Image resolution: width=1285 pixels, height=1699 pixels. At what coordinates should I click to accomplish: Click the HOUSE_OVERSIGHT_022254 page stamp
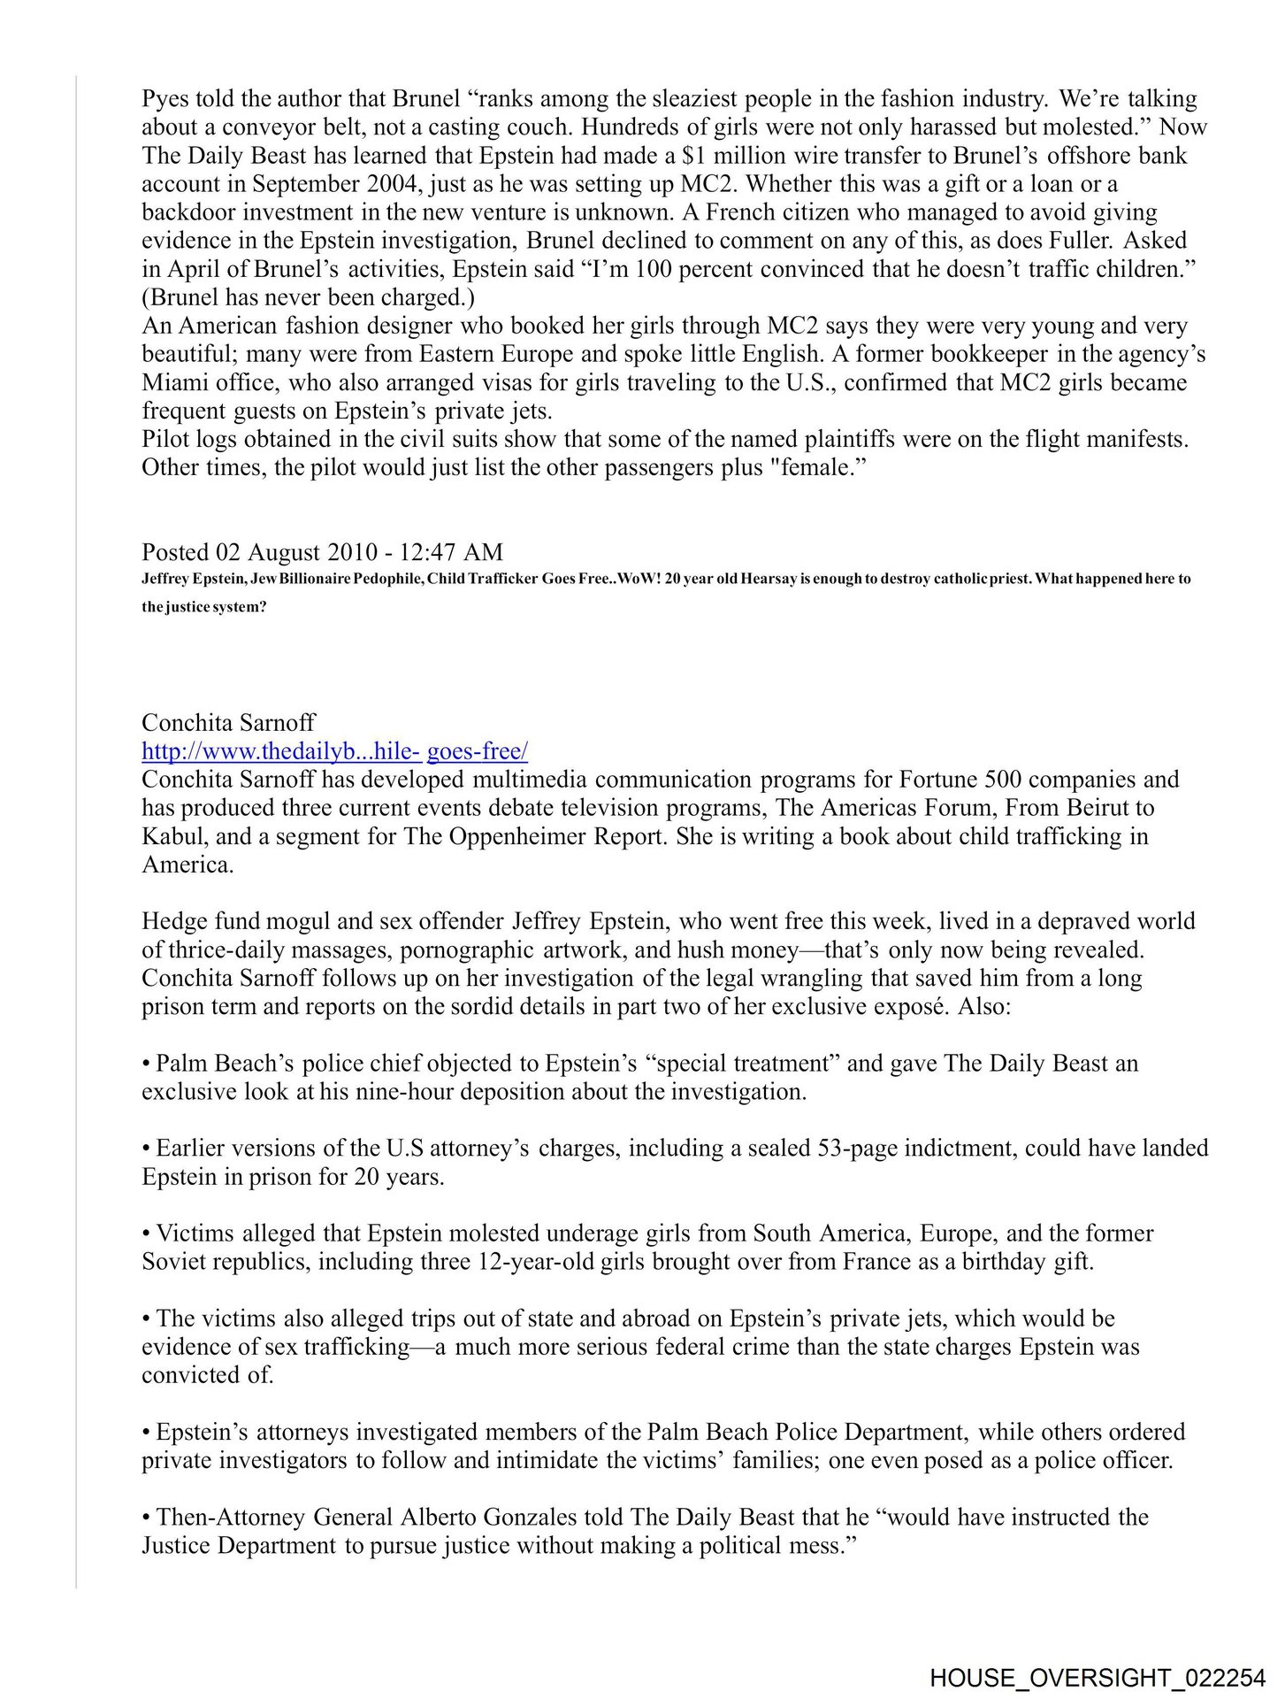(1098, 1678)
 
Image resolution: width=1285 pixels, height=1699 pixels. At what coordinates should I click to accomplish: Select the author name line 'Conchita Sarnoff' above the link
(228, 723)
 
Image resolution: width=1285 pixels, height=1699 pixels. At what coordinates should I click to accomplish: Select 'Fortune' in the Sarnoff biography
(938, 780)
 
